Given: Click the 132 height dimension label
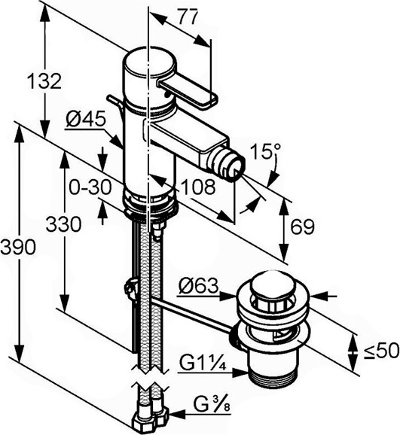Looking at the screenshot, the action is pyautogui.click(x=44, y=81).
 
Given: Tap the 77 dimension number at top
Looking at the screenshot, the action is pyautogui.click(x=188, y=17).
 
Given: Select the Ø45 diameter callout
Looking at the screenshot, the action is pyautogui.click(x=86, y=120).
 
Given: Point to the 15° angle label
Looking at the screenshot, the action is pyautogui.click(x=265, y=151).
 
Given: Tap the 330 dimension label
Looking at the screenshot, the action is pyautogui.click(x=63, y=224).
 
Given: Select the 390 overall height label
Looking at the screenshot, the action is pyautogui.click(x=18, y=247).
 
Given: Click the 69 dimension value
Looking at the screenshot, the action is pyautogui.click(x=303, y=227).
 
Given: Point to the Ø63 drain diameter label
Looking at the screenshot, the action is pyautogui.click(x=198, y=286).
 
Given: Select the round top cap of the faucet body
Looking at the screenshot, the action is pyautogui.click(x=149, y=63).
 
